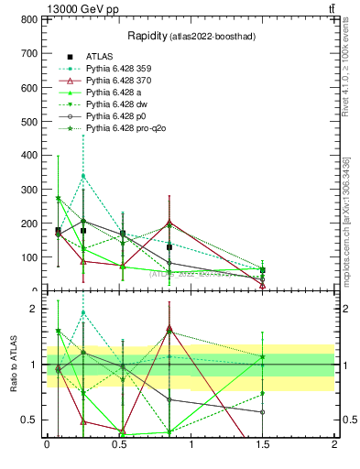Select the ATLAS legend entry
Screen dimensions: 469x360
point(100,56)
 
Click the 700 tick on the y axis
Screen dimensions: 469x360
point(29,20)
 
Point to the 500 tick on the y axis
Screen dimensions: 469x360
point(29,122)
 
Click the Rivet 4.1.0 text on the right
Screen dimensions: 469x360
point(346,69)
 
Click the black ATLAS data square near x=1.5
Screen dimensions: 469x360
point(262,270)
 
